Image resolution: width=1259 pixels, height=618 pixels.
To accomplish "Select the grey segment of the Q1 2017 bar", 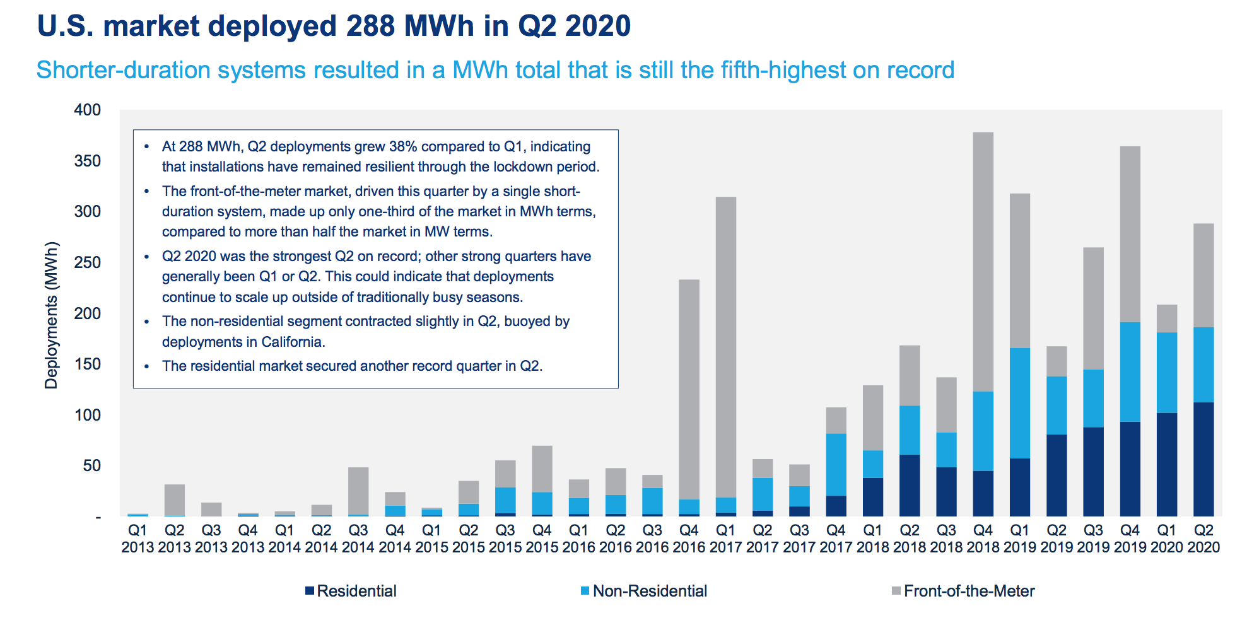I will (x=725, y=347).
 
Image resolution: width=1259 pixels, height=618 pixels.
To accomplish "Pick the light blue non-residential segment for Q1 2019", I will (x=1020, y=403).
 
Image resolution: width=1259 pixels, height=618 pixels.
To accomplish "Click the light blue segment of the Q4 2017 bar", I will (x=836, y=464).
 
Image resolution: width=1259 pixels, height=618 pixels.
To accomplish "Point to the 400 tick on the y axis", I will (x=88, y=110).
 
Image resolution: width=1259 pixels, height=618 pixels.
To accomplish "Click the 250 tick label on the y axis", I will (x=88, y=262).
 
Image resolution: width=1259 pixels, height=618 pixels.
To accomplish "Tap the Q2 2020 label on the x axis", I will (x=1203, y=539).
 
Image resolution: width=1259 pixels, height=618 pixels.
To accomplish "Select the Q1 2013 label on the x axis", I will (x=138, y=539).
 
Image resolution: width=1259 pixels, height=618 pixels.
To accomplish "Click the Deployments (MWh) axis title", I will (x=51, y=315).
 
